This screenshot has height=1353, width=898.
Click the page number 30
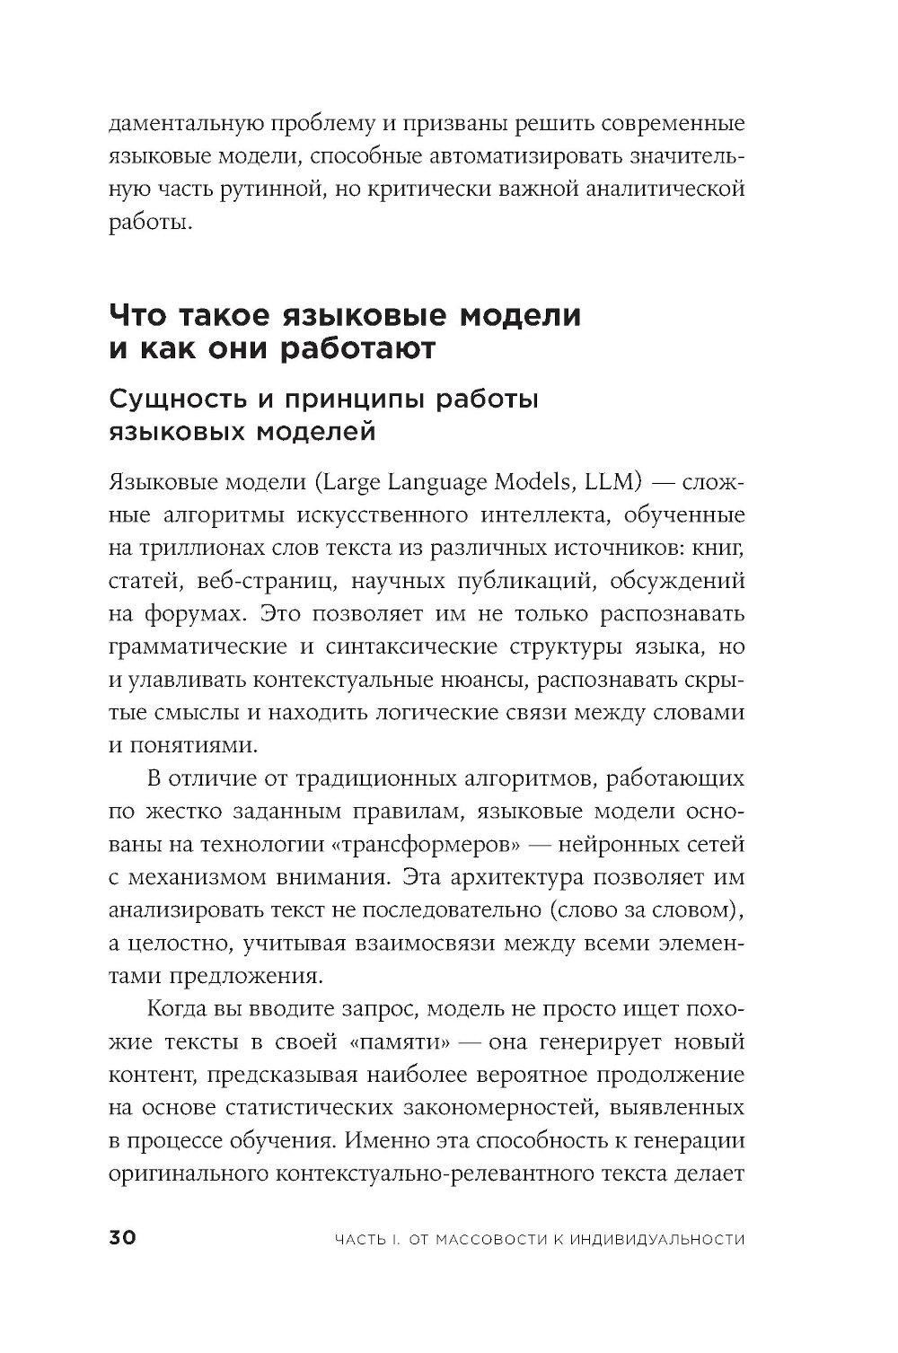pos(122,1238)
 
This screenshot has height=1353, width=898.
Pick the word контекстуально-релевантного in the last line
pos(458,1174)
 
